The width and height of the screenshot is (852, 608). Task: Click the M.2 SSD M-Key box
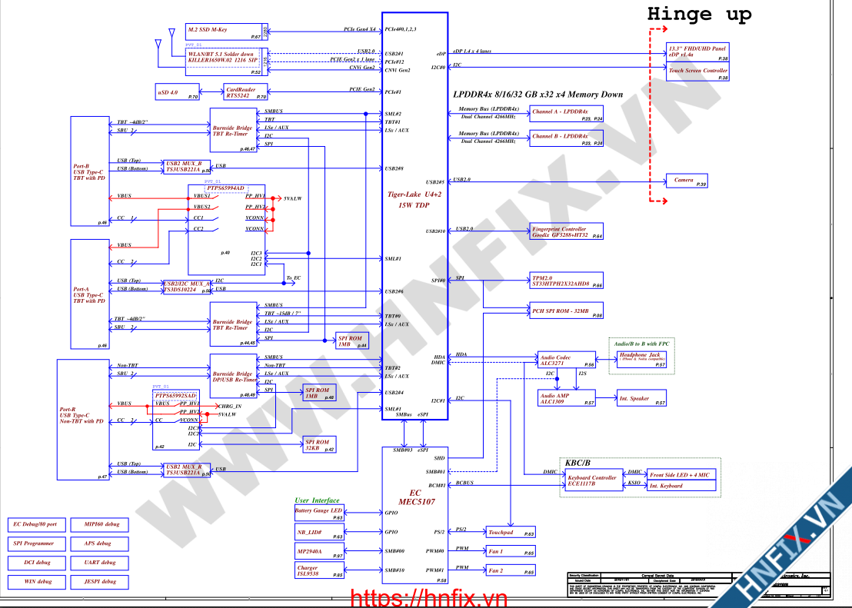(x=225, y=32)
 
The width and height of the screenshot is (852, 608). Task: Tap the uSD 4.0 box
(x=176, y=93)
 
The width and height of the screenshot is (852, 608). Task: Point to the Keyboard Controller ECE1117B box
(x=592, y=480)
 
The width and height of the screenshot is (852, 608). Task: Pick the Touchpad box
(x=510, y=532)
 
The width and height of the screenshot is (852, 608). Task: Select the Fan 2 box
(x=510, y=570)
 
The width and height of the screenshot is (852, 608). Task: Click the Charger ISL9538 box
(x=319, y=571)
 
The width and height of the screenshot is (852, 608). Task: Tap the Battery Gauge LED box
(x=319, y=510)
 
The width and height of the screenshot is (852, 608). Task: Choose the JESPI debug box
(x=98, y=582)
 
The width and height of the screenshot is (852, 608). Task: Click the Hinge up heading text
(x=699, y=14)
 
